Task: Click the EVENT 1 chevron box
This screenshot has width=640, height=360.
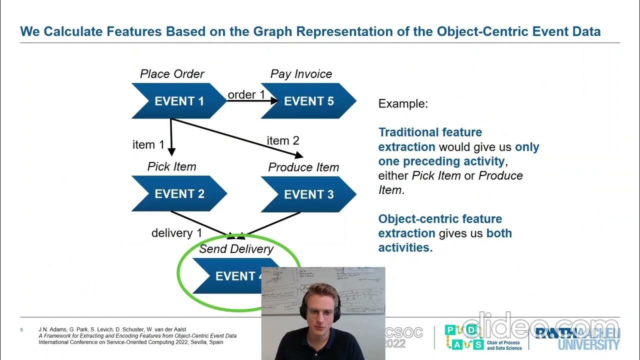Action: click(179, 101)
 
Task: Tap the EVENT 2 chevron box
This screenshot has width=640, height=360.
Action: click(179, 193)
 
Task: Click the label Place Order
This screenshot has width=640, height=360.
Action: click(172, 74)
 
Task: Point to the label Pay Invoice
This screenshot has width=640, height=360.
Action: click(301, 74)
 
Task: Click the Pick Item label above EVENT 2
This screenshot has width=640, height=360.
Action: click(171, 166)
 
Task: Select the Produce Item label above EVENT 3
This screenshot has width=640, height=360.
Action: click(303, 167)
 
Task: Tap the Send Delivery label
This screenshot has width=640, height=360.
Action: click(236, 249)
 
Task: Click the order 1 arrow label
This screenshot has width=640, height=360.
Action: click(246, 94)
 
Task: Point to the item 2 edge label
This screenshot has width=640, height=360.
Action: click(283, 141)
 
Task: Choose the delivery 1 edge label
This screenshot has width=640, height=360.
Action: click(176, 233)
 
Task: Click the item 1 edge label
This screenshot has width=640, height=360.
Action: click(148, 145)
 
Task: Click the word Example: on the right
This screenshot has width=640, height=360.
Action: click(403, 104)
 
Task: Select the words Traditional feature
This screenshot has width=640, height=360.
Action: click(430, 132)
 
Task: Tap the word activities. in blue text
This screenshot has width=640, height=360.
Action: click(405, 247)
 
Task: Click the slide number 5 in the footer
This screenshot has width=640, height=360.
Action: click(21, 330)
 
